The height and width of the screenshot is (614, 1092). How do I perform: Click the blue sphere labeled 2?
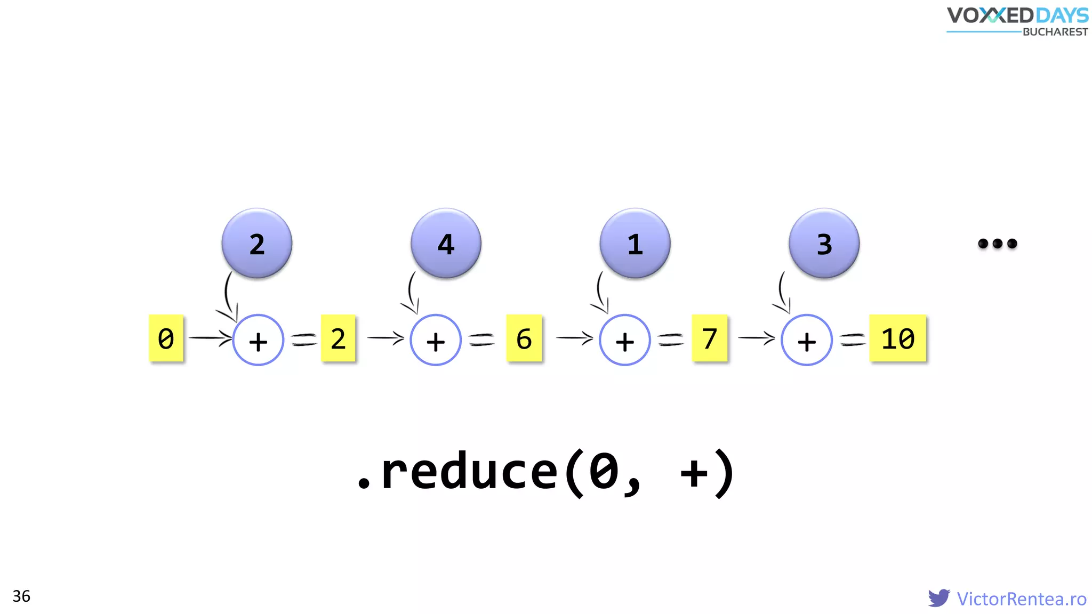click(x=257, y=243)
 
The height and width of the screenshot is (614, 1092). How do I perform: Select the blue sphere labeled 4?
click(x=446, y=243)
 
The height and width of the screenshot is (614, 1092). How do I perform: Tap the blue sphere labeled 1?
click(x=635, y=243)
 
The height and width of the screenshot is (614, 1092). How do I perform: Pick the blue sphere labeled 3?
click(x=824, y=243)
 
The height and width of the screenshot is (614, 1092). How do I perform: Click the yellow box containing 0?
click(x=166, y=338)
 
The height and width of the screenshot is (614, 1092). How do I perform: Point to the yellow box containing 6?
click(x=524, y=338)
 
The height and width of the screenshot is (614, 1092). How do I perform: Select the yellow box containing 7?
click(x=709, y=338)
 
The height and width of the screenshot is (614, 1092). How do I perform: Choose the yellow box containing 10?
click(x=897, y=338)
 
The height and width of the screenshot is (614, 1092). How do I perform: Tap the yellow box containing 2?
click(x=338, y=338)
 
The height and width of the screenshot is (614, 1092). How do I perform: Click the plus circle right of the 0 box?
click(x=258, y=340)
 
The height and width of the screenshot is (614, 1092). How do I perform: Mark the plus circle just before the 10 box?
click(x=806, y=340)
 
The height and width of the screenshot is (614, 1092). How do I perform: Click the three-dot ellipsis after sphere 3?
click(x=997, y=244)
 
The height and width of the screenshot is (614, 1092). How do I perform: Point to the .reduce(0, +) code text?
click(x=546, y=472)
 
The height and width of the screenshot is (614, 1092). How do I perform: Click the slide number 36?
click(x=21, y=596)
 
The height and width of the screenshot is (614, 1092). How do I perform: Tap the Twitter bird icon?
click(x=938, y=597)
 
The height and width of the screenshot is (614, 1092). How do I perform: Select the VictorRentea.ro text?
click(x=1021, y=599)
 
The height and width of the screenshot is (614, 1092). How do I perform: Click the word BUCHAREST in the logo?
click(x=1055, y=32)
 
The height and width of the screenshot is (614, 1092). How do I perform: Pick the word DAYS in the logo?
click(x=1062, y=15)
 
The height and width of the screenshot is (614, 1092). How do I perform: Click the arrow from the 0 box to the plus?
click(x=210, y=338)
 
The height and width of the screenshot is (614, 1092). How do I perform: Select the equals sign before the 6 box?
click(x=481, y=339)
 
